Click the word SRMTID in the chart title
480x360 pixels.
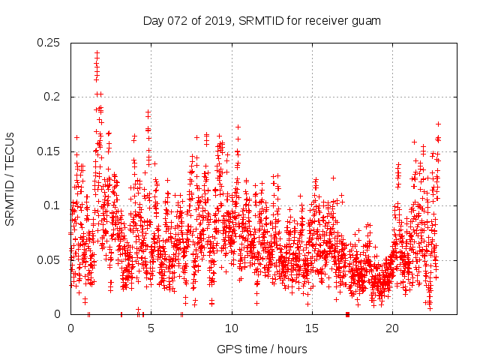(259, 21)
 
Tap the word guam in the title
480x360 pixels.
(367, 21)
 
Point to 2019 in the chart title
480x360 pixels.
(217, 21)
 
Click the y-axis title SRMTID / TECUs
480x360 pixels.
(10, 178)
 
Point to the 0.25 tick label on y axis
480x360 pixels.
(49, 43)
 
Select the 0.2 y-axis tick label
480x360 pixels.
(53, 97)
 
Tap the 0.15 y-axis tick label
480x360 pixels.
(49, 151)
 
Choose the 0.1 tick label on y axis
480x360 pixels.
(53, 205)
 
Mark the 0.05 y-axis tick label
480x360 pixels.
(49, 259)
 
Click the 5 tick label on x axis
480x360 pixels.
(151, 328)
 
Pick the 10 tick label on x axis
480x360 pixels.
(232, 328)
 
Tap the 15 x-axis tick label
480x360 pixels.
(312, 328)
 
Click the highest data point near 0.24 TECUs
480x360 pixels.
(97, 53)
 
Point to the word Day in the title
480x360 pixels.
(153, 21)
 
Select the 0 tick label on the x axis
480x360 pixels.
(70, 328)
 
